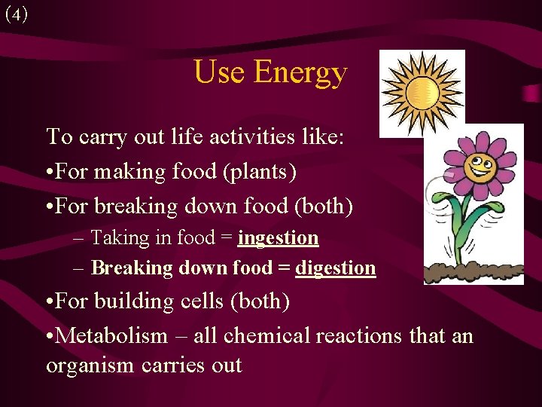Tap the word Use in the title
[x=219, y=72]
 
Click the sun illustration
[x=422, y=93]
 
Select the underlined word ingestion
[x=278, y=238]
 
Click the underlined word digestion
[x=335, y=268]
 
